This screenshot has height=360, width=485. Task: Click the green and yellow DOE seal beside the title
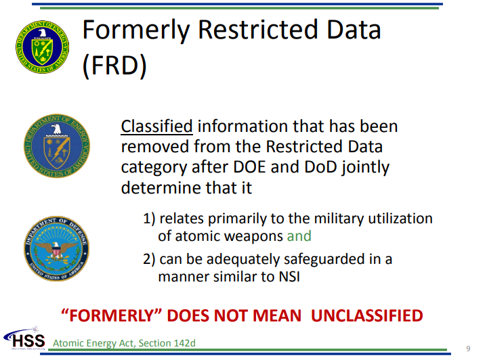coord(43,47)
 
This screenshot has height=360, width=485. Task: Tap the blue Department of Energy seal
coord(57,146)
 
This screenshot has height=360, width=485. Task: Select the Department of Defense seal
coord(57,249)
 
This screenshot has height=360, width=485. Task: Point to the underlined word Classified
coord(157,127)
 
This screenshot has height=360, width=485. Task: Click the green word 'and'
coord(299,236)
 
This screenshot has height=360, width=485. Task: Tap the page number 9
coord(468,348)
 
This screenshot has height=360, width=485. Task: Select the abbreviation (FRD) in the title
coord(114,66)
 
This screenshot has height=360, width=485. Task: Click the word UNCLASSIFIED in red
coord(367,315)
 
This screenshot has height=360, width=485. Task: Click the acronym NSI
coord(289,277)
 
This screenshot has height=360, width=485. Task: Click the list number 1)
coord(149,219)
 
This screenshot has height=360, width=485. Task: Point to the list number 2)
coord(149,259)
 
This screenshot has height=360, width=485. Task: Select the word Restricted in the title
coord(258,30)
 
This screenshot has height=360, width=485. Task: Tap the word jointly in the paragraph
coord(365,168)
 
